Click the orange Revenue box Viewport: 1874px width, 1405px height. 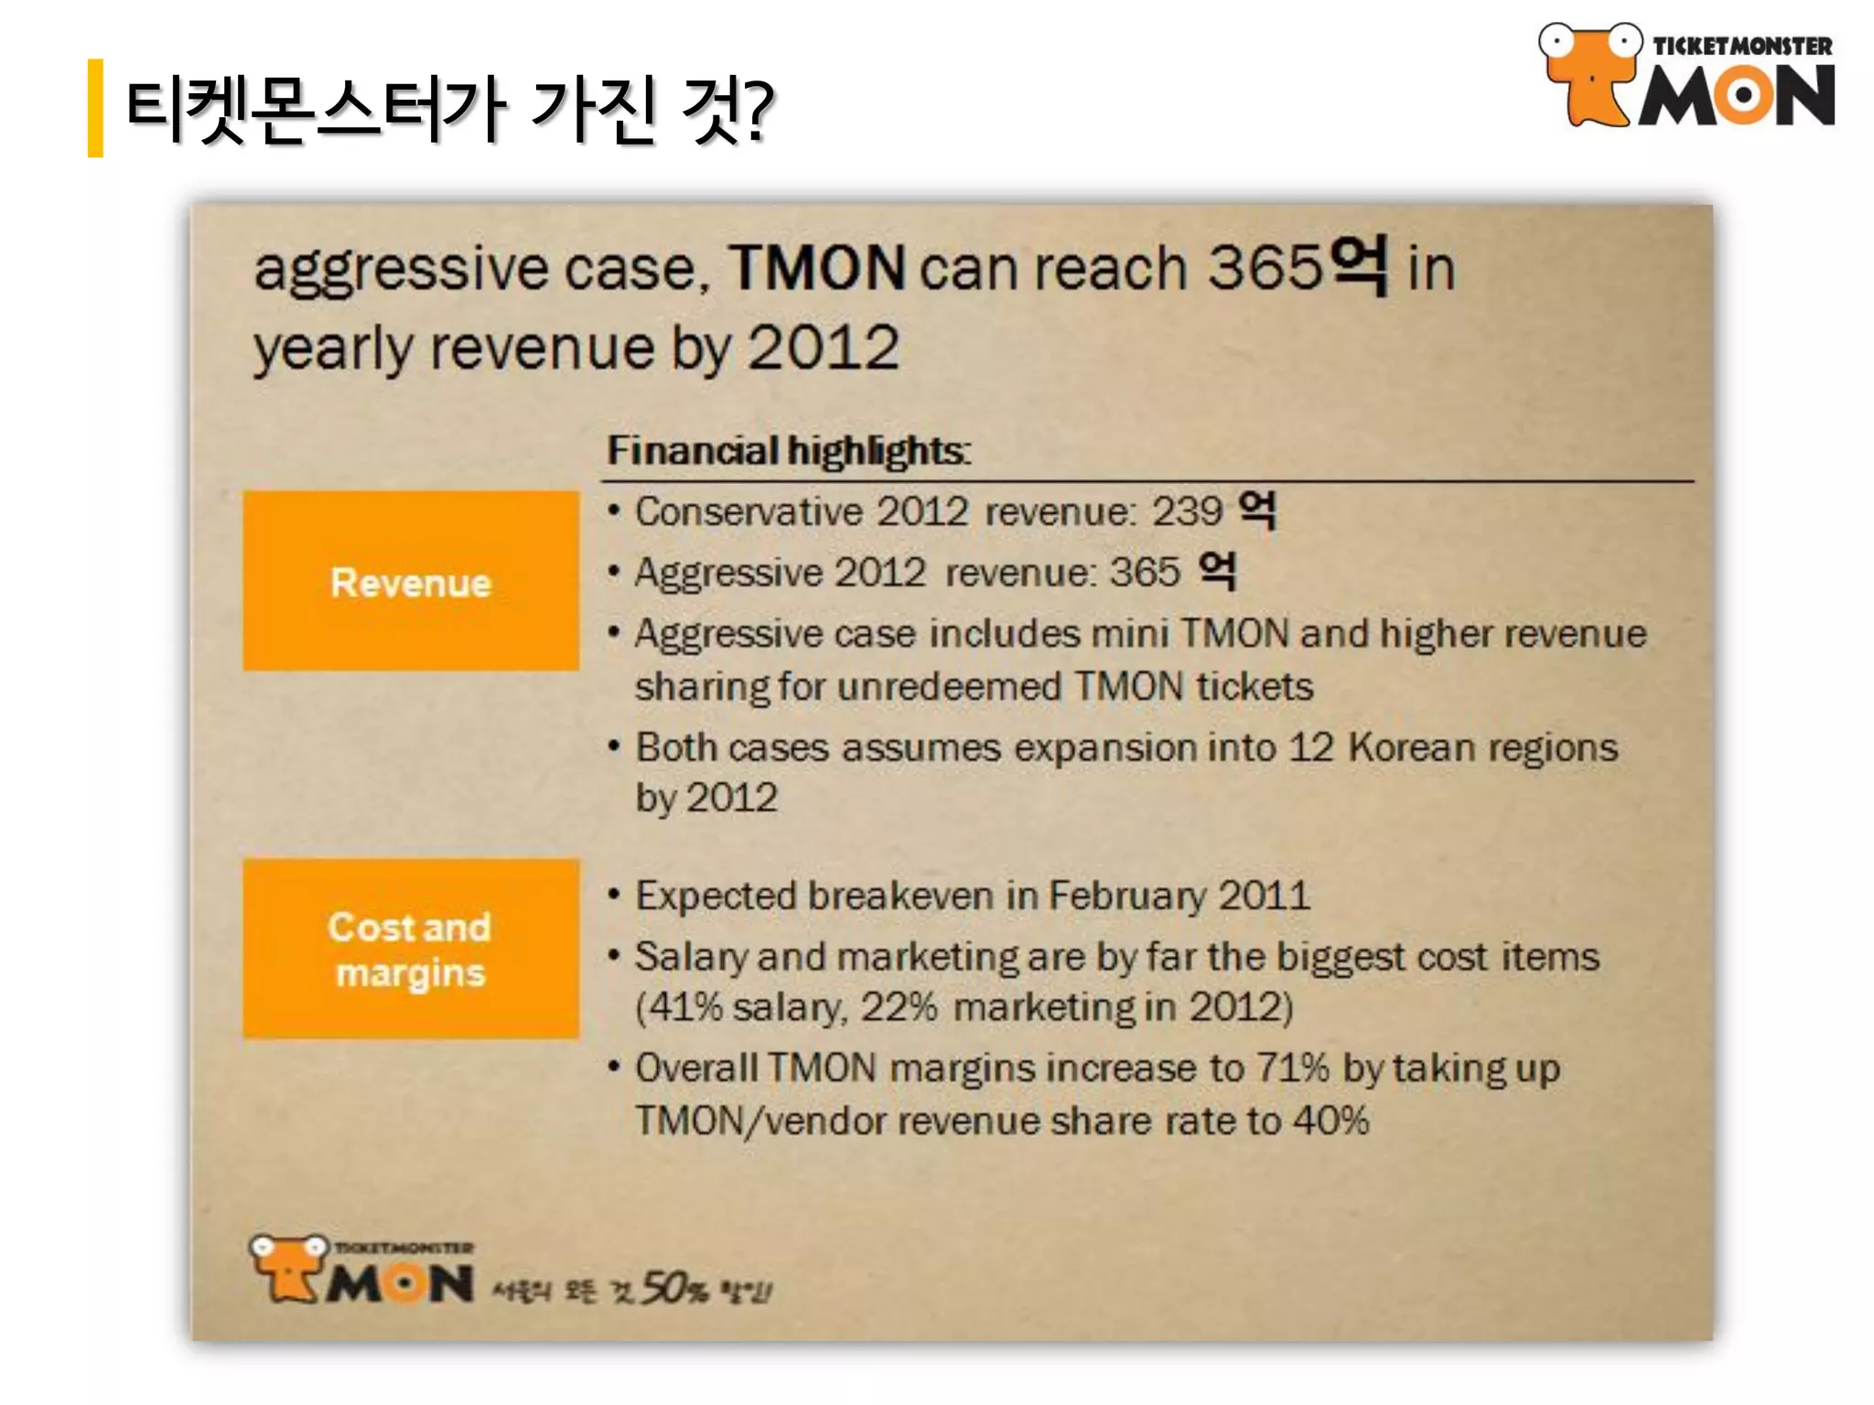tap(411, 581)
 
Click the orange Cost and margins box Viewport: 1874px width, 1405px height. tap(411, 948)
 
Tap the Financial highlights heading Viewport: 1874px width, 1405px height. tap(788, 451)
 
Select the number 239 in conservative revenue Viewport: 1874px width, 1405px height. tap(1187, 511)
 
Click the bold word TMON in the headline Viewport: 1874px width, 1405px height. tap(816, 268)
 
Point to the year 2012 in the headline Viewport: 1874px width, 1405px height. tap(824, 348)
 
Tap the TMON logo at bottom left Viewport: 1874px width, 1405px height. tap(362, 1271)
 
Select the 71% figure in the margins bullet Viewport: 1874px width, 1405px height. tap(1292, 1067)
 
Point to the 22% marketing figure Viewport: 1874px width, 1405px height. tap(899, 1007)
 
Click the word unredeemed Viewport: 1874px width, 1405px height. tap(949, 687)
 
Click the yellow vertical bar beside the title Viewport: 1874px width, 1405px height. tap(95, 108)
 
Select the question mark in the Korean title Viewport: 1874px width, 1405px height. tap(756, 110)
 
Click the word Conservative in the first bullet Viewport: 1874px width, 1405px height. tap(749, 511)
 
